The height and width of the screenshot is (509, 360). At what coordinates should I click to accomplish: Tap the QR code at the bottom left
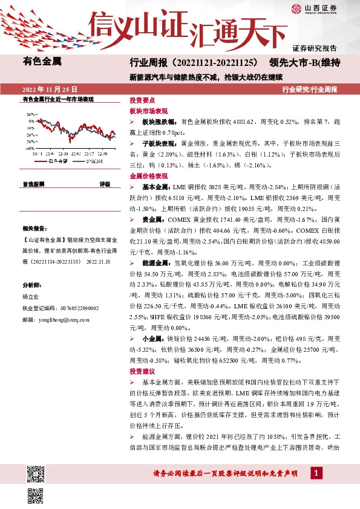click(38, 473)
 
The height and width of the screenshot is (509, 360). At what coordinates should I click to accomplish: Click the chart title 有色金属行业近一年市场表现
click(57, 99)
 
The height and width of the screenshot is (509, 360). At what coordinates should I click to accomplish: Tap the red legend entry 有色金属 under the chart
click(55, 162)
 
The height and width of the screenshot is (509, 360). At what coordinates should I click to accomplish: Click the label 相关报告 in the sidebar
click(33, 229)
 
